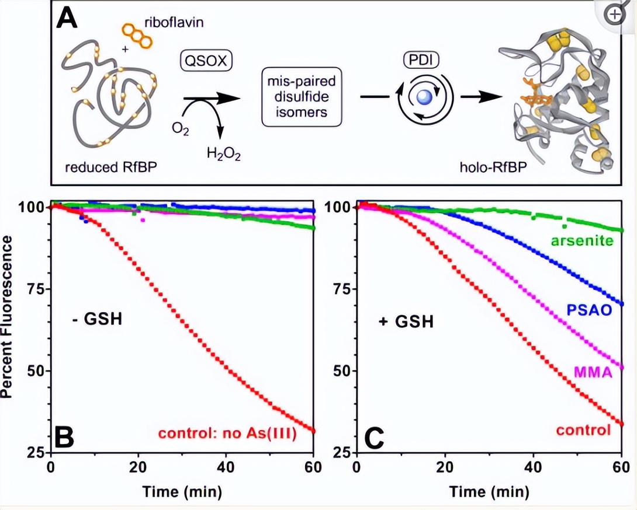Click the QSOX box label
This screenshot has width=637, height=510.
205,60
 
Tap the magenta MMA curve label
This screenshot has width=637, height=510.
592,371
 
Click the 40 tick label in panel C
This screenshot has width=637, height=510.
532,467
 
